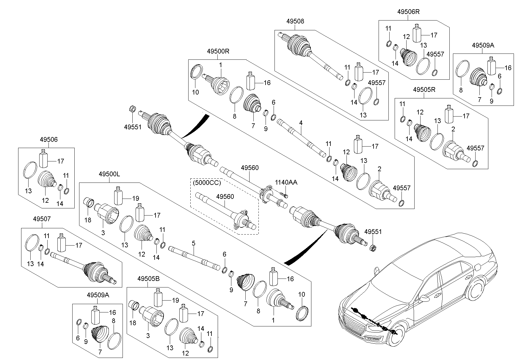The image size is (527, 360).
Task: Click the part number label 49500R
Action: coord(218,51)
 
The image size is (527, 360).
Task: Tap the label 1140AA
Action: coord(286,182)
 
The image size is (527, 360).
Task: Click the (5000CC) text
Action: coord(207,183)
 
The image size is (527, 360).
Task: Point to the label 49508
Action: coord(295,21)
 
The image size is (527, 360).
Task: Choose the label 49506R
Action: coord(408,12)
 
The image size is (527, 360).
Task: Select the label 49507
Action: coord(42,219)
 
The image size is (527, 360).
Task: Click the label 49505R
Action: coord(424,89)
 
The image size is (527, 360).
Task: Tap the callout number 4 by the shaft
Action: coord(301,122)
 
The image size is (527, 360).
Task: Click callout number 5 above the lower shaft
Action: coord(193,243)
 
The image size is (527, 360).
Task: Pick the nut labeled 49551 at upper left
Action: coord(132,109)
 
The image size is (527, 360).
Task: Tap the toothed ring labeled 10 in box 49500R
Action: coord(196,72)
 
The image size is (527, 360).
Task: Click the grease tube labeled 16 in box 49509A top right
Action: coord(492,66)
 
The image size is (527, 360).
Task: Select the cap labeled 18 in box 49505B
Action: coord(134,306)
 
